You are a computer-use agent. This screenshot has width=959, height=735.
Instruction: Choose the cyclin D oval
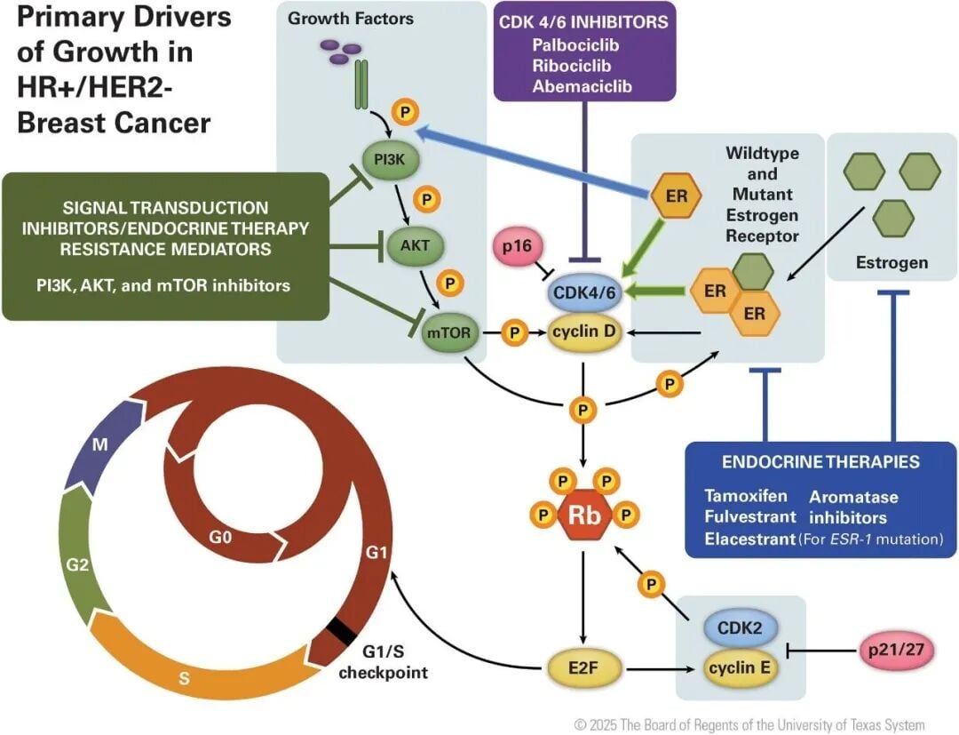pos(583,332)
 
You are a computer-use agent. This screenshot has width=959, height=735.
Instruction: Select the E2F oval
pos(584,664)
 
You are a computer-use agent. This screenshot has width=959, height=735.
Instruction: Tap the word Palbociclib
pos(575,44)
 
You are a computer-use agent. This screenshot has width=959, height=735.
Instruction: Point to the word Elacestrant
pos(749,539)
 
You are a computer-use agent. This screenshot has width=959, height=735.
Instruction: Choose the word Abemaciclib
pos(582,87)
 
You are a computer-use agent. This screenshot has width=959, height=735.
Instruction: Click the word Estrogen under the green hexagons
pos(891,262)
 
